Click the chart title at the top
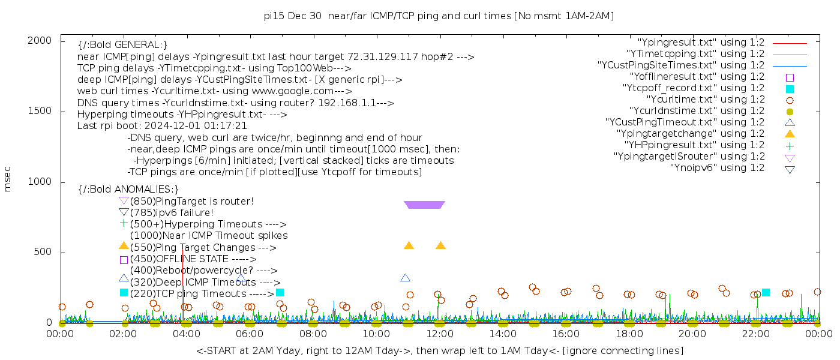(439, 16)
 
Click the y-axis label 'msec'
(8, 179)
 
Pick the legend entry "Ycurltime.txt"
(706, 100)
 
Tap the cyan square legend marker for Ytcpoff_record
(790, 89)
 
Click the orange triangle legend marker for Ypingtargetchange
(790, 134)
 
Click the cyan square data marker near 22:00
(766, 292)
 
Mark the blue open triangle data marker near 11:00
(405, 278)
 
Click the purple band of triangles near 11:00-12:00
(424, 205)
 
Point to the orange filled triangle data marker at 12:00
(440, 245)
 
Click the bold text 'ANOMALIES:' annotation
(128, 189)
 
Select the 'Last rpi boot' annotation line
(162, 126)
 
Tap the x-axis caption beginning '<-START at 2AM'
(439, 350)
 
